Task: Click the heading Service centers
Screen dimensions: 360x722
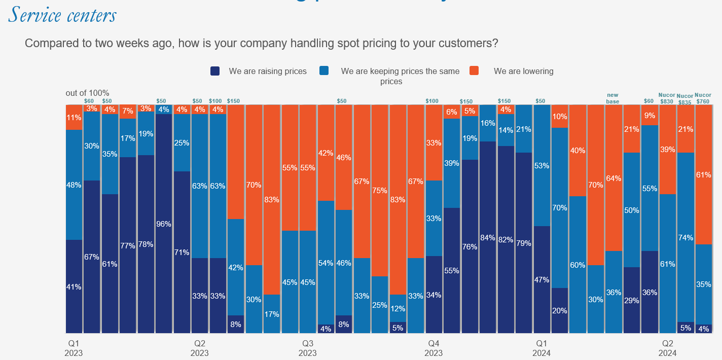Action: coord(62,15)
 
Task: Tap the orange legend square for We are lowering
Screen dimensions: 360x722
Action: coord(474,71)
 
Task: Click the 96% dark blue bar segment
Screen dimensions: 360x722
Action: coord(164,224)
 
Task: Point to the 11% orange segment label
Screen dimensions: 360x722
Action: coord(74,118)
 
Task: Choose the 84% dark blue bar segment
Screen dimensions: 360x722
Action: coord(488,237)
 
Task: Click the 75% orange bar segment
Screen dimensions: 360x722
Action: coord(380,191)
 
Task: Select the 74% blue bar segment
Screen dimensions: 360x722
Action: coord(685,237)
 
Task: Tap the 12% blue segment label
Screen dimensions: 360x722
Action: coord(398,308)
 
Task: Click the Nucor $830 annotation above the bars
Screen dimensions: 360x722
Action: coord(667,98)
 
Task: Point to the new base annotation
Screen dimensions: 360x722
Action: coord(613,98)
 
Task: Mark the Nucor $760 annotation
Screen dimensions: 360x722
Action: coord(703,98)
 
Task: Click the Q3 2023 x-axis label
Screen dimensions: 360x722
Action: coord(307,348)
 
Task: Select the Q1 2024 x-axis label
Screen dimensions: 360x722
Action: coord(542,348)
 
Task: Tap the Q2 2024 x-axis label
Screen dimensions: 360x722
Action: coord(667,348)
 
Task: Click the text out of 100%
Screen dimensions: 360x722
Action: coord(87,93)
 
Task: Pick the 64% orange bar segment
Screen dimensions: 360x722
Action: coord(613,178)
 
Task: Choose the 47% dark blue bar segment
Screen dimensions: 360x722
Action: coord(542,279)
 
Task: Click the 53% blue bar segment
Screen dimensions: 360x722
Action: coord(542,165)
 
